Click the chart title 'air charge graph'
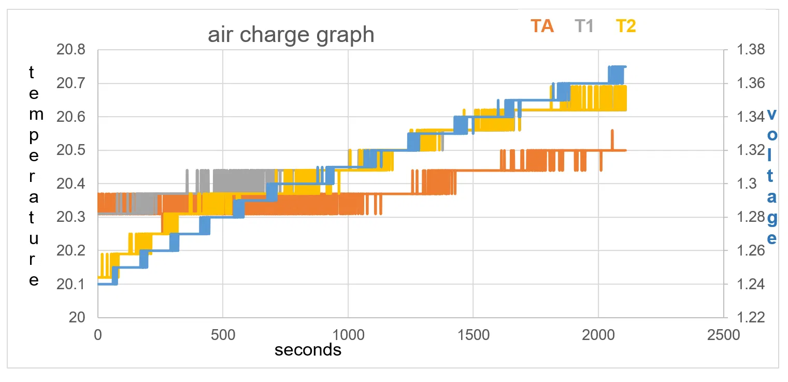pyautogui.click(x=291, y=35)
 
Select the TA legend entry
pyautogui.click(x=542, y=26)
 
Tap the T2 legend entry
pyautogui.click(x=626, y=26)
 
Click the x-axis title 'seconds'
pyautogui.click(x=308, y=350)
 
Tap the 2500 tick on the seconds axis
pyautogui.click(x=723, y=334)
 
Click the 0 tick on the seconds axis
pyautogui.click(x=97, y=334)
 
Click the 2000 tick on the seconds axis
pyautogui.click(x=598, y=334)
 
